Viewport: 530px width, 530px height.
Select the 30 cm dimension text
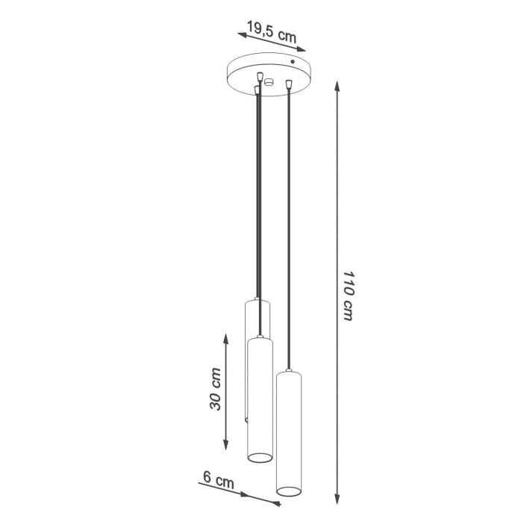click(x=215, y=390)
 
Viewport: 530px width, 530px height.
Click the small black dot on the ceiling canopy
click(x=293, y=61)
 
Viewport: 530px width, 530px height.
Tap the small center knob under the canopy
click(x=269, y=82)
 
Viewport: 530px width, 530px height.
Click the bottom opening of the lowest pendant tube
click(x=289, y=490)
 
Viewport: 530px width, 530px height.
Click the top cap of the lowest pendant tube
click(x=288, y=371)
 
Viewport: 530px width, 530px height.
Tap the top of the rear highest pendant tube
click(x=255, y=301)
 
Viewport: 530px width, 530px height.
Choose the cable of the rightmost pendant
click(x=287, y=224)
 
